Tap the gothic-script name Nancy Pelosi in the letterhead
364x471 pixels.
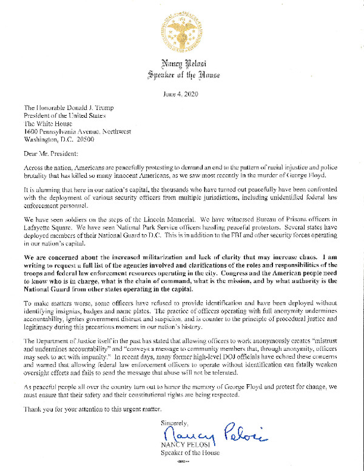click(181, 63)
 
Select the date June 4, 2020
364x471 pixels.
click(181, 94)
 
